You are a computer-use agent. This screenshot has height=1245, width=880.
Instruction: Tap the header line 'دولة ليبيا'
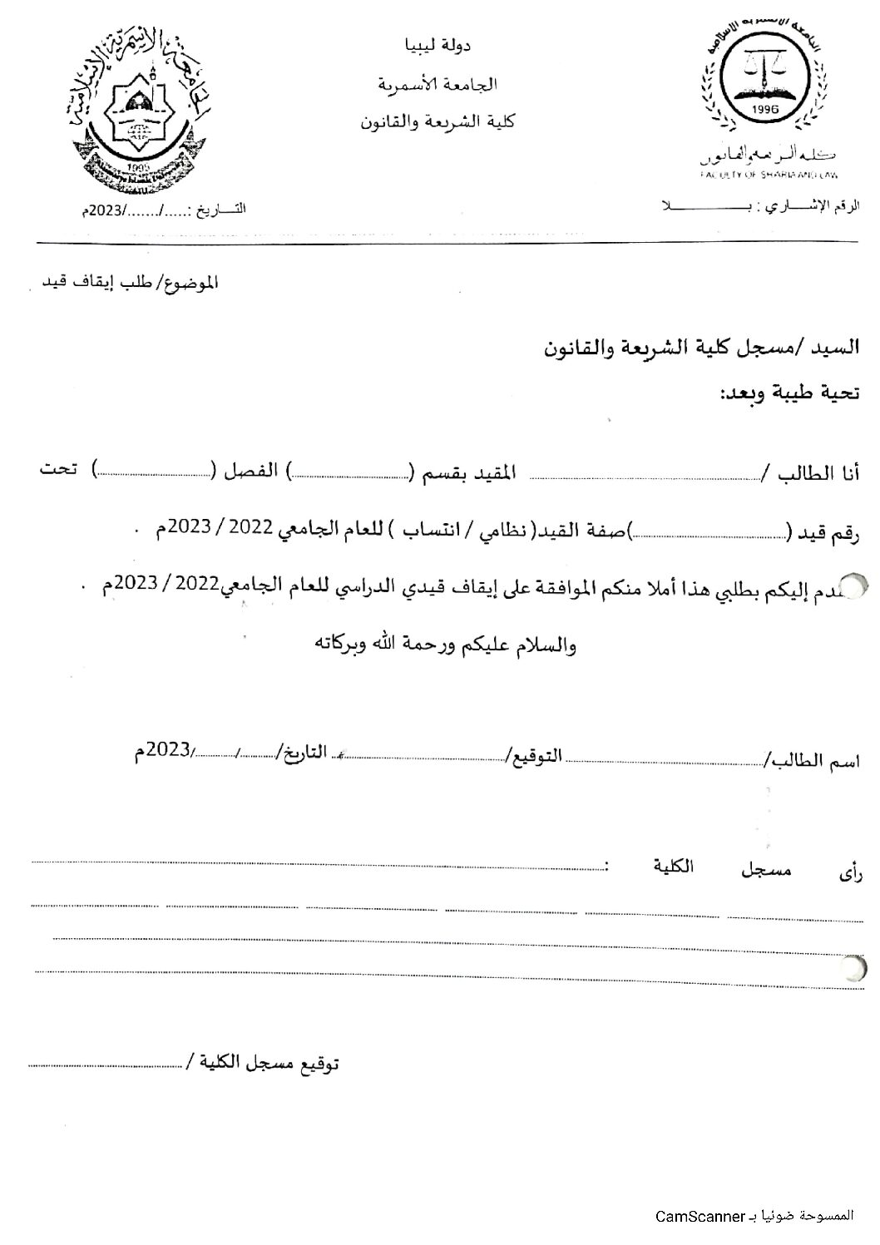click(x=438, y=46)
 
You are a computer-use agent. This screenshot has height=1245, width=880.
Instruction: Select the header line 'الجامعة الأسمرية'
click(x=438, y=84)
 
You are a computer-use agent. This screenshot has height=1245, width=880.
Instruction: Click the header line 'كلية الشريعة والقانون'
click(x=438, y=121)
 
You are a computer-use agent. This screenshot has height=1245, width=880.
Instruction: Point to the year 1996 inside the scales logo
click(x=764, y=110)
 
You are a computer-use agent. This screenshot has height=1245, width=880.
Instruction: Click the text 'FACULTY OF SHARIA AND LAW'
click(x=769, y=175)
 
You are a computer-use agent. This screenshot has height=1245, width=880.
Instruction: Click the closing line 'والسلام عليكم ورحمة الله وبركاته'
click(x=445, y=645)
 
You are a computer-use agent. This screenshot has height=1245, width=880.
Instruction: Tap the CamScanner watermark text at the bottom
click(x=754, y=1217)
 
